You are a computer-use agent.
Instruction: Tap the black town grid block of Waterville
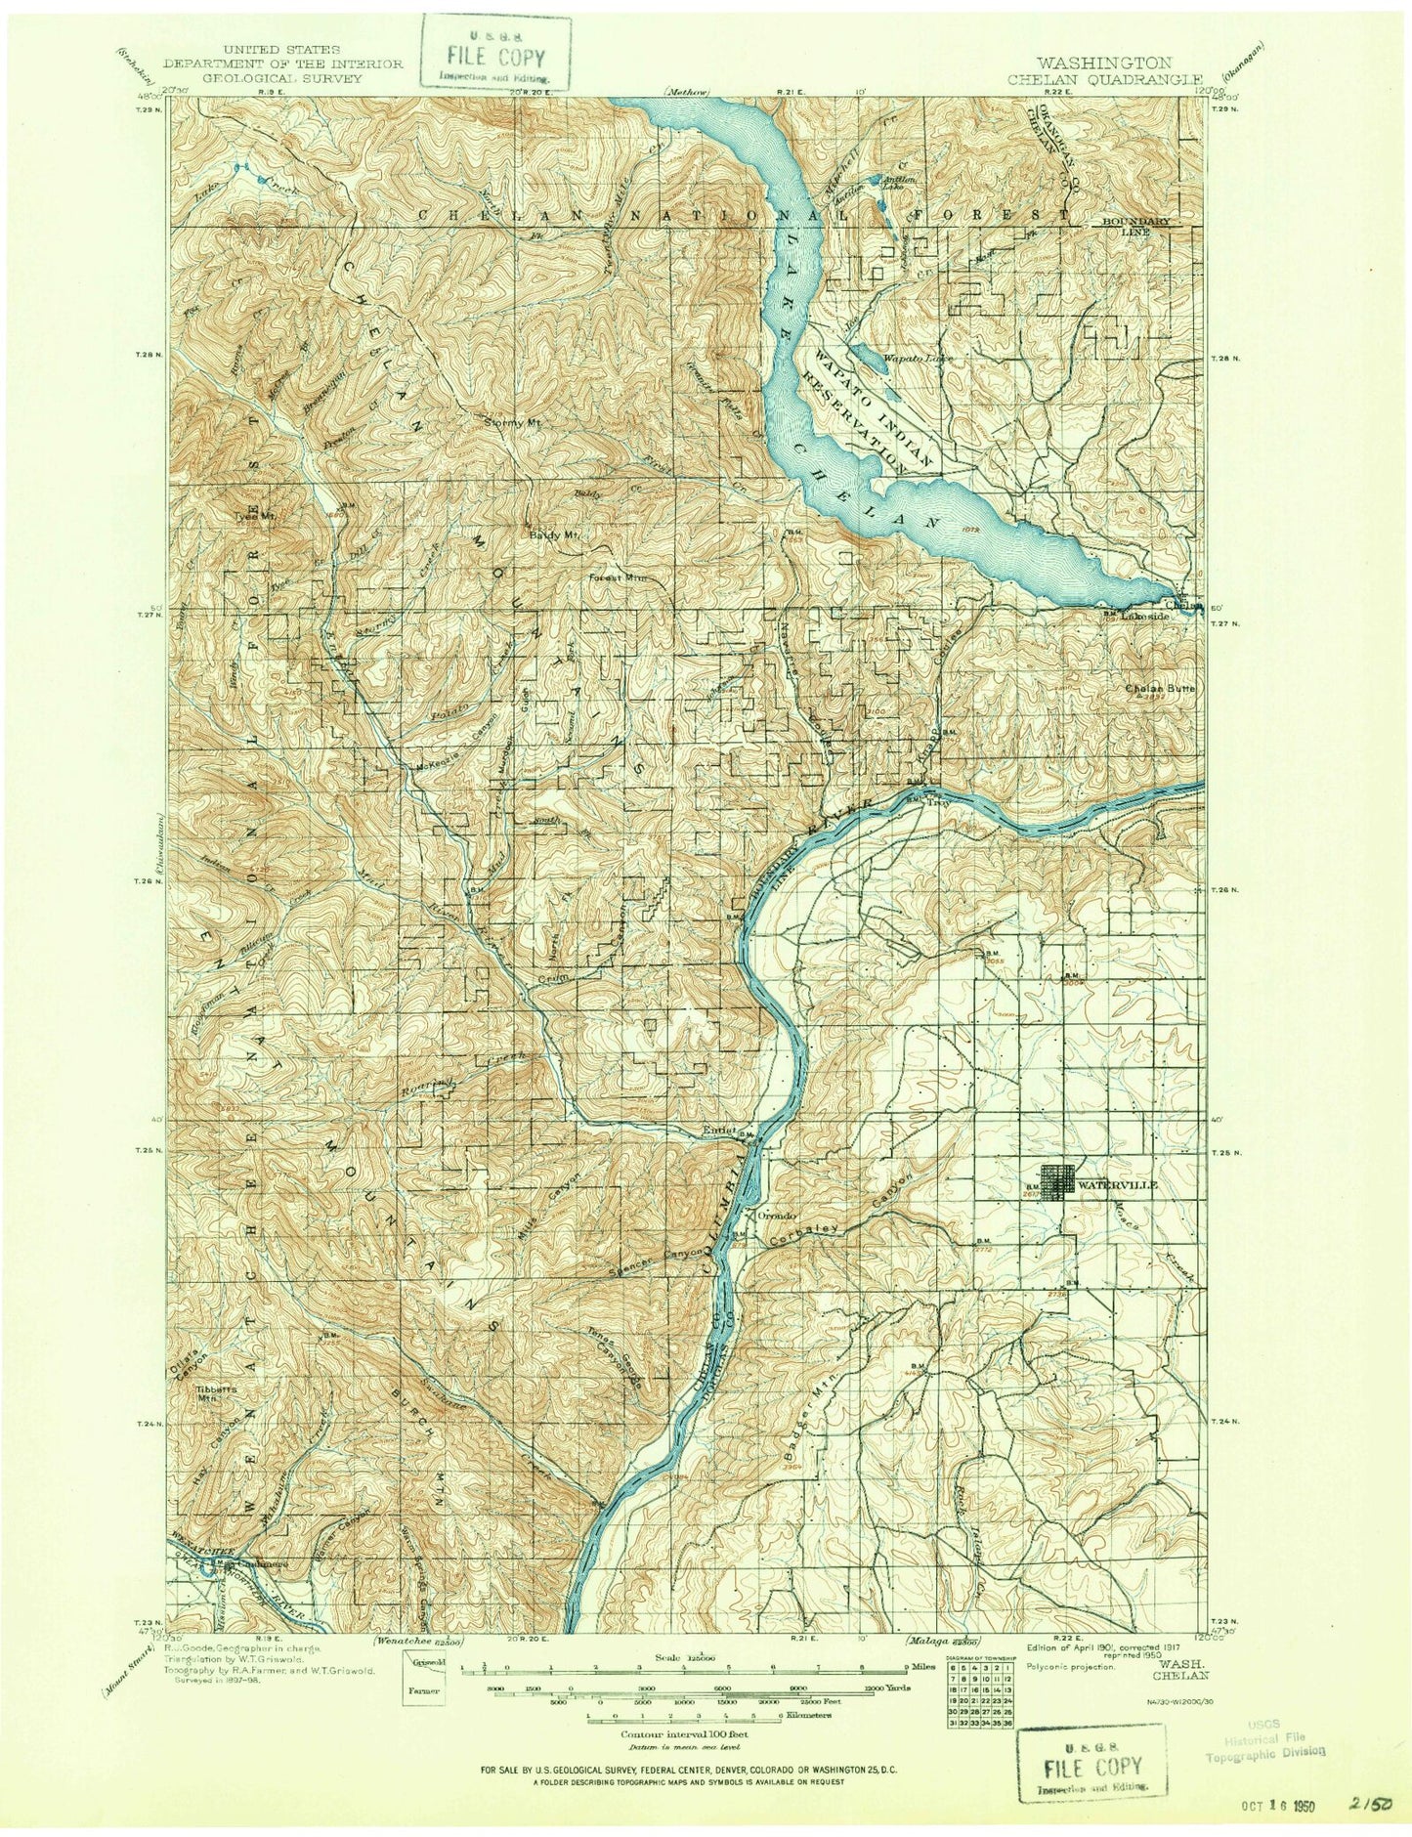(1057, 1182)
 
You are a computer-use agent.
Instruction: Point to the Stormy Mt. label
(513, 423)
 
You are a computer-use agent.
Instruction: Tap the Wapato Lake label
(918, 359)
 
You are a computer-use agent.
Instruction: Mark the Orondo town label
(770, 1217)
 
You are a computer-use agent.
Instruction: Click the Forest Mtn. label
(614, 577)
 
